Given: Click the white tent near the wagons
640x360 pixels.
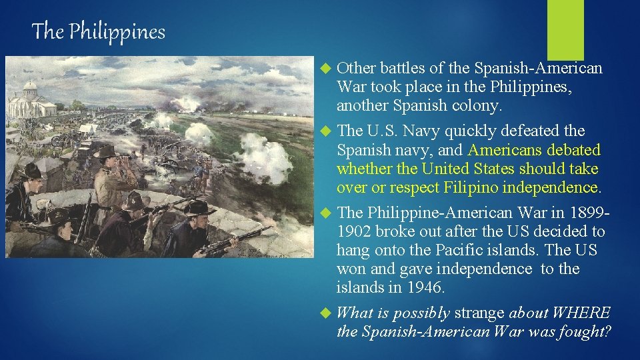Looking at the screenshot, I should pyautogui.click(x=87, y=127).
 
